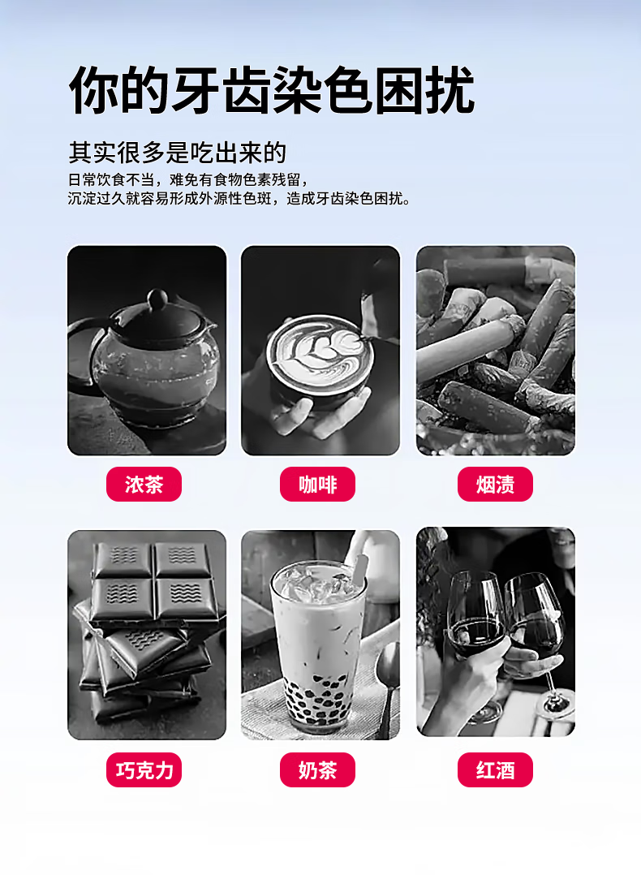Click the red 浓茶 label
(144, 484)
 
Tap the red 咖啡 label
(317, 484)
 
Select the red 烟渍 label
(496, 484)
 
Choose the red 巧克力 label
(144, 769)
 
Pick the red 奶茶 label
(317, 769)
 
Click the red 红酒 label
(496, 769)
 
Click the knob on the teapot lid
(157, 299)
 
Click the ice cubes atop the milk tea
(318, 583)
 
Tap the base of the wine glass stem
(555, 705)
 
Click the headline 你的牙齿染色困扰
(272, 90)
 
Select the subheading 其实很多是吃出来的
(178, 153)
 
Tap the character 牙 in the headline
(196, 90)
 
